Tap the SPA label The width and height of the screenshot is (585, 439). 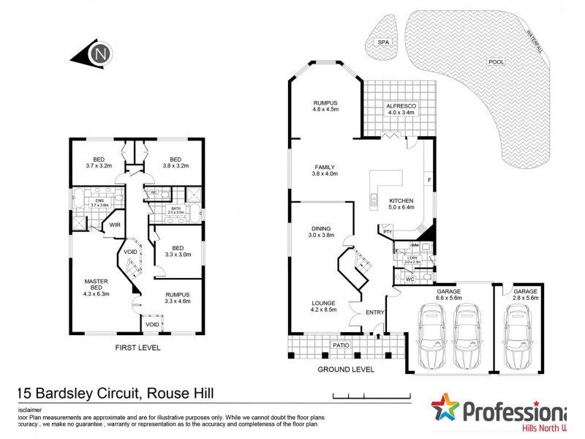(x=383, y=43)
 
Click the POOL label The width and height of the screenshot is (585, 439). (x=497, y=62)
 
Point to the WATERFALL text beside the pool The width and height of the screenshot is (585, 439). (x=538, y=40)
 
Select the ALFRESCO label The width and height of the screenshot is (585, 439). (x=400, y=106)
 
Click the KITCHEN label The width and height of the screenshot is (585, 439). (x=401, y=200)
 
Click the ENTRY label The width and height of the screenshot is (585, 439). (x=375, y=312)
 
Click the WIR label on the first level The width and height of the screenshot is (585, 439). (x=115, y=225)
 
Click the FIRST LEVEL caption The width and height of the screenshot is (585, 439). (x=137, y=348)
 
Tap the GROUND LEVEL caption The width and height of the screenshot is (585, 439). (x=345, y=369)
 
